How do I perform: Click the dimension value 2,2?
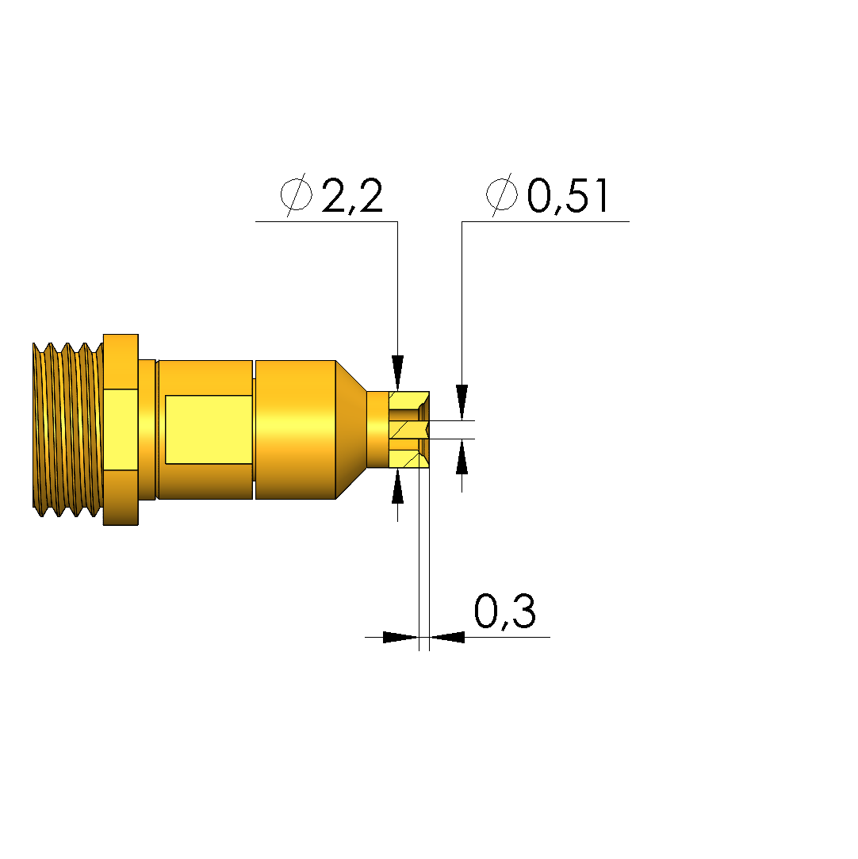coord(352,196)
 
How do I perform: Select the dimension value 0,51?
coord(567,196)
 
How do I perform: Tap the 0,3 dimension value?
coord(504,612)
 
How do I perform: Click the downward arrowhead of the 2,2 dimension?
coord(397,373)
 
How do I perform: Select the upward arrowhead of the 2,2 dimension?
coord(397,486)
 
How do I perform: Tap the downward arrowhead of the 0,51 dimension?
coord(462,402)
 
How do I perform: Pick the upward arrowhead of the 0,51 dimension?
coord(462,456)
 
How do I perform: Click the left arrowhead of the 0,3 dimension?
coord(400,637)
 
